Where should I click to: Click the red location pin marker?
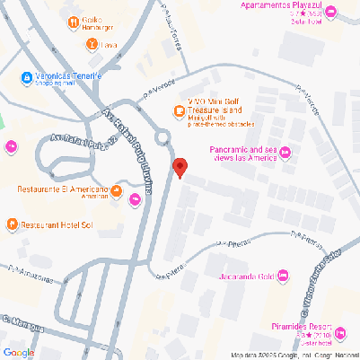(180, 168)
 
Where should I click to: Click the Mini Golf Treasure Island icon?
(179, 110)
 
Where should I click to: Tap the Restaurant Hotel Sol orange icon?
(12, 224)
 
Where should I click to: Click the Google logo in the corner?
(18, 352)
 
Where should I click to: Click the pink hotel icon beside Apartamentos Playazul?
(329, 13)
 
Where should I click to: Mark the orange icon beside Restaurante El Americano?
(117, 190)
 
